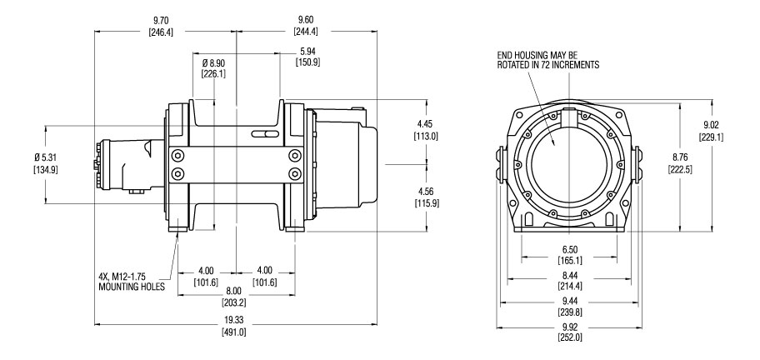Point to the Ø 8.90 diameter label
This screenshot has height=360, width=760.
[x=213, y=63]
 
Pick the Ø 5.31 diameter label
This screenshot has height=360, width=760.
[x=46, y=157]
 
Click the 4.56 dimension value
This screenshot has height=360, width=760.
[x=427, y=192]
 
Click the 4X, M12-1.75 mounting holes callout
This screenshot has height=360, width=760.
[x=132, y=282]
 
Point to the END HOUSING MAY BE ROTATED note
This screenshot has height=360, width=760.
[x=547, y=60]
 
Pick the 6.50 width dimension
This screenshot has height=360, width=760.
[x=570, y=250]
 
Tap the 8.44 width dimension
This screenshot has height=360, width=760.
[x=570, y=275]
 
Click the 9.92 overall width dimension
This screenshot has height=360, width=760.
[x=570, y=326]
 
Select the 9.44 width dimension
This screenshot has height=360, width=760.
[x=570, y=301]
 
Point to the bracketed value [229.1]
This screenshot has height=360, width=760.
[x=711, y=137]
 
